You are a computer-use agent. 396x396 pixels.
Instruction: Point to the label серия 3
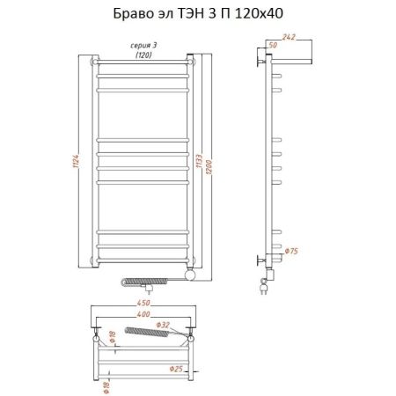pyautogui.click(x=143, y=44)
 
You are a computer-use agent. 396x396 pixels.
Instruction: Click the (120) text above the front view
pyautogui.click(x=143, y=55)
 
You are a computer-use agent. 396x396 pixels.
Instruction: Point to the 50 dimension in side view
pyautogui.click(x=272, y=45)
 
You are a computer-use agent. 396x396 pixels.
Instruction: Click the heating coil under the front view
pyautogui.click(x=139, y=282)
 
